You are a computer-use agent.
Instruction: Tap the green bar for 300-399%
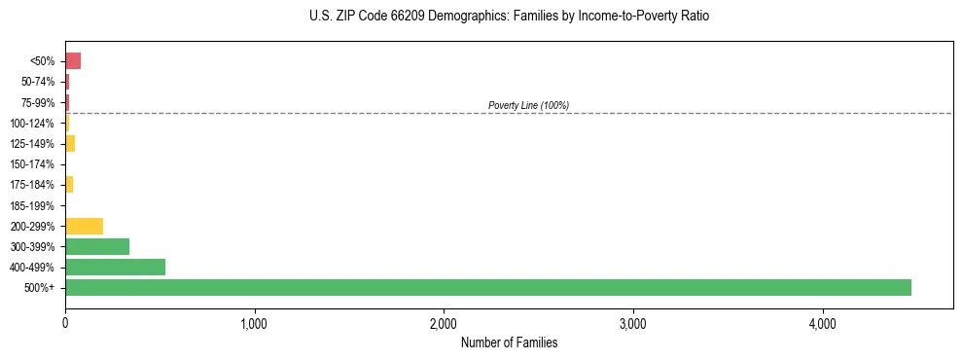pyautogui.click(x=97, y=246)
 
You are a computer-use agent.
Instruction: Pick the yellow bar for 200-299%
pyautogui.click(x=84, y=226)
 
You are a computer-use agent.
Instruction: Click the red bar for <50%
pyautogui.click(x=73, y=60)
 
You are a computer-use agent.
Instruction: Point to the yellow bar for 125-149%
pyautogui.click(x=70, y=143)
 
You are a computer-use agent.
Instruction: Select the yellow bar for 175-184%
pyautogui.click(x=69, y=184)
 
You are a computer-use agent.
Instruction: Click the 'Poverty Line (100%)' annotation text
pyautogui.click(x=528, y=105)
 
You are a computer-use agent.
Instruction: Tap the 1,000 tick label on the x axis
pyautogui.click(x=254, y=324)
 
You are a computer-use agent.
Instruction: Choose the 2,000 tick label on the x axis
pyautogui.click(x=444, y=324)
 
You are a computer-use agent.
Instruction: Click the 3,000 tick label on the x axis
pyautogui.click(x=632, y=324)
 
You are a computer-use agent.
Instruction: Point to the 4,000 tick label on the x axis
pyautogui.click(x=822, y=324)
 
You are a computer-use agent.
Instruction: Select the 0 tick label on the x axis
pyautogui.click(x=65, y=324)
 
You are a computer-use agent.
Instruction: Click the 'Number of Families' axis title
pyautogui.click(x=509, y=342)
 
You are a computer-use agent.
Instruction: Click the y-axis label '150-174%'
pyautogui.click(x=32, y=164)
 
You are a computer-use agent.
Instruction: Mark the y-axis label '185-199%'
pyautogui.click(x=32, y=205)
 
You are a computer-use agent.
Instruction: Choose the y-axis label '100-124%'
pyautogui.click(x=32, y=123)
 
